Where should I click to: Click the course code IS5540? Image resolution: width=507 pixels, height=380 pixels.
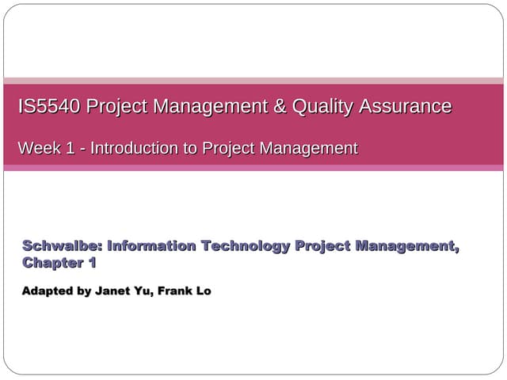[x=49, y=106]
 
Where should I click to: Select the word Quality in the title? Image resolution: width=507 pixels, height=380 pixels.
[x=322, y=106]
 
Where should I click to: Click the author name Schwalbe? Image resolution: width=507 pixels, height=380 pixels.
[x=62, y=245]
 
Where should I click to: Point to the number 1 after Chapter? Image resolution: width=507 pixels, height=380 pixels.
[x=92, y=262]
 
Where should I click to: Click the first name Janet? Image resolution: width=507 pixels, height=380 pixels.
[x=113, y=291]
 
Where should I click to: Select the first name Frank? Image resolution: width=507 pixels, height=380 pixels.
[x=175, y=291]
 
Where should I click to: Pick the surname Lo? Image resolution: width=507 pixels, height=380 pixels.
[x=203, y=291]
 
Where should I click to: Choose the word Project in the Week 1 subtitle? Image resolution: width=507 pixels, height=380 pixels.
[x=226, y=147]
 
